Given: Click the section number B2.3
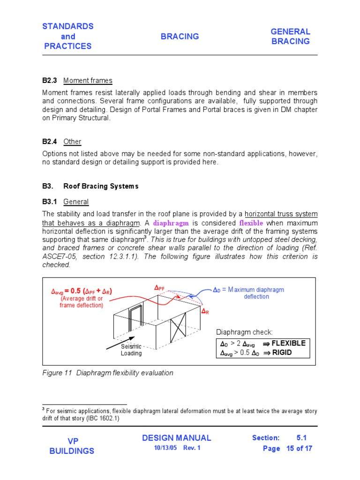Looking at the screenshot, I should [x=49, y=81].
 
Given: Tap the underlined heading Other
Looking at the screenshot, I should [x=72, y=142].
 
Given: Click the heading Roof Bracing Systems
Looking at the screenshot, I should [x=101, y=186].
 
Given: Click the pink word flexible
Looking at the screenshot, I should [x=251, y=223].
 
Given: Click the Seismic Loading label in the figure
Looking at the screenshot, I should [x=131, y=350].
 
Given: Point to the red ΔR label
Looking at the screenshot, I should [x=205, y=311].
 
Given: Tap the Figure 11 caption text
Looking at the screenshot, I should [x=108, y=373].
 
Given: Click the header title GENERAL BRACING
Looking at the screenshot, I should [x=290, y=37].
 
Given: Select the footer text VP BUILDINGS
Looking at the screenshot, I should [x=72, y=446].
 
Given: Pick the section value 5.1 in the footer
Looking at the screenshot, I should [x=301, y=438].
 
